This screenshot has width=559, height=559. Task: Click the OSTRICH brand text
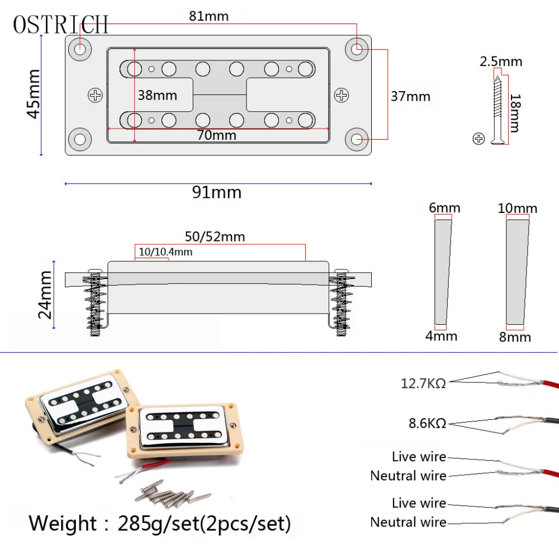60,24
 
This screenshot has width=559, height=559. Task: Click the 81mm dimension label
209,16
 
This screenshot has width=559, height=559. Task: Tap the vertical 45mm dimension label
33,94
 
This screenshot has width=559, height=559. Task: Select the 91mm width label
217,192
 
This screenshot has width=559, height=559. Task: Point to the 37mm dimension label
410,96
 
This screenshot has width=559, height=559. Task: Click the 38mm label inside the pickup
157,95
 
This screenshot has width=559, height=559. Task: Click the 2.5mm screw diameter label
501,61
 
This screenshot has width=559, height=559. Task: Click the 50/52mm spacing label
215,236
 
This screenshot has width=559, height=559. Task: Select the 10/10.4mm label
165,252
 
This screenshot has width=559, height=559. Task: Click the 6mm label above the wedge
445,208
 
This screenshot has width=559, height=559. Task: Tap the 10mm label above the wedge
517,209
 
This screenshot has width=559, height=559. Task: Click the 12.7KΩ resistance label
423,384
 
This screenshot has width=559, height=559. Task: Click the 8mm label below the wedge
515,337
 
